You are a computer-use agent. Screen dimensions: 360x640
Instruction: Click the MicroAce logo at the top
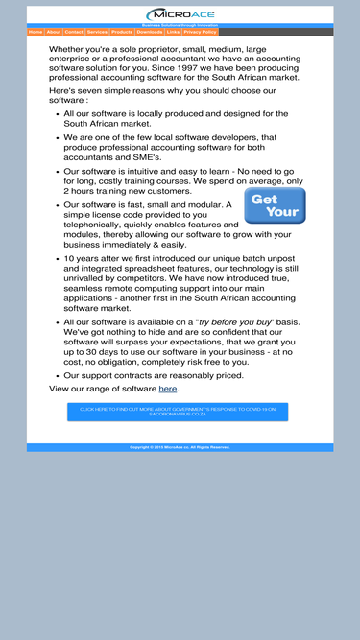click(x=180, y=14)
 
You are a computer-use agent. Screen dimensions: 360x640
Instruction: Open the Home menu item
click(x=36, y=32)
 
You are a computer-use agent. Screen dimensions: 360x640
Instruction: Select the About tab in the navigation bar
click(x=54, y=32)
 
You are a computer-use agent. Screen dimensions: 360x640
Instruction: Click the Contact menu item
click(x=74, y=32)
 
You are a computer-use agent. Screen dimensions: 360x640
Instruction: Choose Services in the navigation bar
click(x=97, y=32)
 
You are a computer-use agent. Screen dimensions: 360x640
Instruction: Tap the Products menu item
click(x=122, y=32)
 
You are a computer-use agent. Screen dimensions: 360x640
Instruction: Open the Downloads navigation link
click(x=150, y=32)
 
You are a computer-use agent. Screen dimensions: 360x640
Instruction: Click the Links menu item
click(x=173, y=32)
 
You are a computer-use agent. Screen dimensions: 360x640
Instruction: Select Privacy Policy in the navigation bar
click(x=200, y=32)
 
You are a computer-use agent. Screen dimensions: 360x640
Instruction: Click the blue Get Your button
click(x=275, y=205)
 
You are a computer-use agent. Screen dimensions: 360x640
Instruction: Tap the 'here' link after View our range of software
click(x=168, y=389)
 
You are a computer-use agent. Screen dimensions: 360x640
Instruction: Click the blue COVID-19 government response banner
click(x=178, y=412)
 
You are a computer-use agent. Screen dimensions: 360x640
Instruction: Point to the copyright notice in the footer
click(x=180, y=447)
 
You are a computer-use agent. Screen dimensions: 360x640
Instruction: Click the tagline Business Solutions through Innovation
click(x=180, y=25)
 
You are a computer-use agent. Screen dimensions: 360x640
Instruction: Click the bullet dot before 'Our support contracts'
click(x=57, y=375)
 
